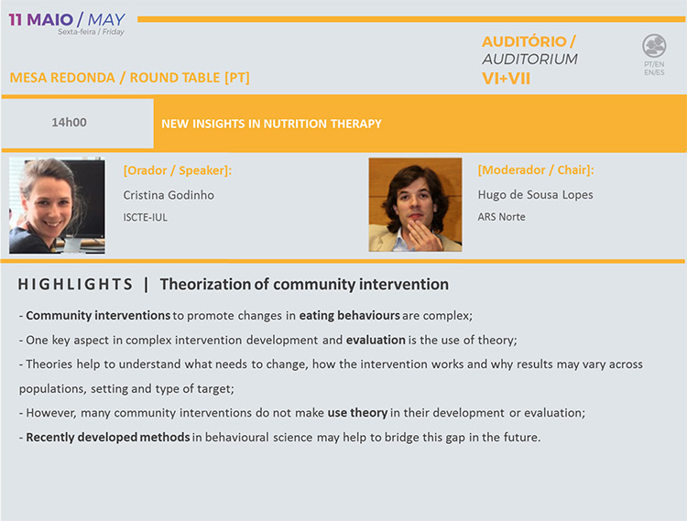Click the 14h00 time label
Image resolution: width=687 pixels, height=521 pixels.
[x=69, y=122]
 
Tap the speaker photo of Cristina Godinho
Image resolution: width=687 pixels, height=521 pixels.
[x=57, y=205]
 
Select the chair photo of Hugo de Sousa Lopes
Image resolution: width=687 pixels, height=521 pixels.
[x=415, y=204]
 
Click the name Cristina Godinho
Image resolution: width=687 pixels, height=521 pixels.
[x=169, y=195]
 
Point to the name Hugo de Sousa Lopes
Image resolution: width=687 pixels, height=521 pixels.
[x=536, y=195]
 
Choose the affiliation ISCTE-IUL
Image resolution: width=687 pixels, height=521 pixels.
[x=145, y=217]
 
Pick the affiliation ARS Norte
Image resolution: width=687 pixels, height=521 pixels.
[x=501, y=217]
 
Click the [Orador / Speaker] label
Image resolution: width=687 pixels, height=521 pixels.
[x=178, y=170]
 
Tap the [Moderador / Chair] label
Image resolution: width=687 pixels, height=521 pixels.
[x=536, y=170]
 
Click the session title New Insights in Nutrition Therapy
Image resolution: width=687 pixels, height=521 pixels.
[x=272, y=124]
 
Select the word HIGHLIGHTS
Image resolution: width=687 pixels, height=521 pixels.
[x=75, y=284]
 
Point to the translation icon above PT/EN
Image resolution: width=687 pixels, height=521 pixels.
[x=654, y=46]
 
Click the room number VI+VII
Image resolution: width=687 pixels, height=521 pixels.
[x=506, y=79]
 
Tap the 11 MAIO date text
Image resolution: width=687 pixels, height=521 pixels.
[x=40, y=20]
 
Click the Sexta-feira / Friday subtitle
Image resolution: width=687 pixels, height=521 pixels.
[x=91, y=32]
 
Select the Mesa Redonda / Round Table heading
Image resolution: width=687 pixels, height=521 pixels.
[x=130, y=78]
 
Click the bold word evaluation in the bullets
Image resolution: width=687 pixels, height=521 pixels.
[x=376, y=341]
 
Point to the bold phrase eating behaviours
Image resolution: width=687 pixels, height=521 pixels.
[x=350, y=316]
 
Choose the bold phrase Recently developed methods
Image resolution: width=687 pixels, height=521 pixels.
[x=108, y=438]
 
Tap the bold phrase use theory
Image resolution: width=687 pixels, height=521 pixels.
[x=357, y=413]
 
